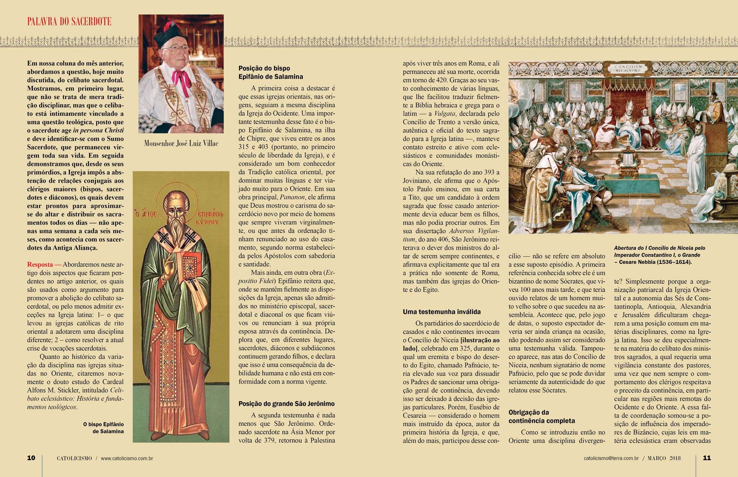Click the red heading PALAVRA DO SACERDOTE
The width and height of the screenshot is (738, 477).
click(x=69, y=22)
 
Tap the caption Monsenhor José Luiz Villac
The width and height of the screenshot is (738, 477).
click(x=181, y=143)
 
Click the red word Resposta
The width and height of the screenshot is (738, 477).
click(x=40, y=265)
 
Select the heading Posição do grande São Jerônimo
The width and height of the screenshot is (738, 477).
click(x=286, y=404)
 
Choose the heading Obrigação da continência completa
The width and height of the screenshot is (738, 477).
click(x=542, y=417)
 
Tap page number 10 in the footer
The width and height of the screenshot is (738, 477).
click(x=31, y=458)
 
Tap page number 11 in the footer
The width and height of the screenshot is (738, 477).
click(x=707, y=458)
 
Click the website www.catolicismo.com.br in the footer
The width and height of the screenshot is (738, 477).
click(x=127, y=458)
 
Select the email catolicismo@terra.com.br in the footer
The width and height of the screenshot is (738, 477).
click(x=611, y=458)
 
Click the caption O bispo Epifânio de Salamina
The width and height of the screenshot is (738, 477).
click(x=103, y=428)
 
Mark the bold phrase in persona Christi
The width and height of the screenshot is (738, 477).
click(x=98, y=131)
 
